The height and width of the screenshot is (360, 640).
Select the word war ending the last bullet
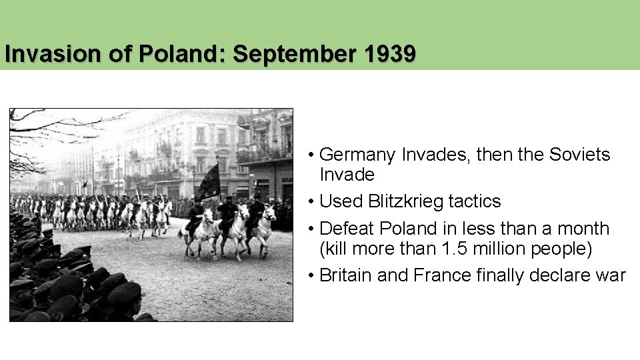(611, 275)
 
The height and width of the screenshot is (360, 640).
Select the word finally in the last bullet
(503, 275)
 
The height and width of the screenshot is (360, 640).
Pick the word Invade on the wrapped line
(347, 175)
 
